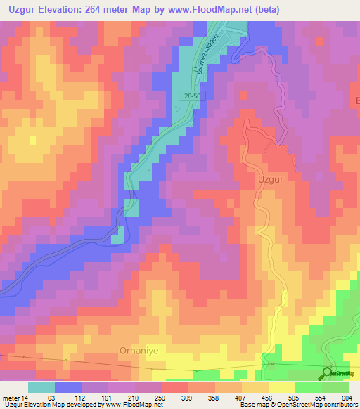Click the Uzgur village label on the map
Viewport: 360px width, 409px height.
pyautogui.click(x=271, y=179)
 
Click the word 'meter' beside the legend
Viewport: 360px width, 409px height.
pyautogui.click(x=11, y=398)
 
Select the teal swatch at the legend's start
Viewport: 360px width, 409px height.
pyautogui.click(x=41, y=387)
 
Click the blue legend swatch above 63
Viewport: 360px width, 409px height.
pyautogui.click(x=68, y=387)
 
